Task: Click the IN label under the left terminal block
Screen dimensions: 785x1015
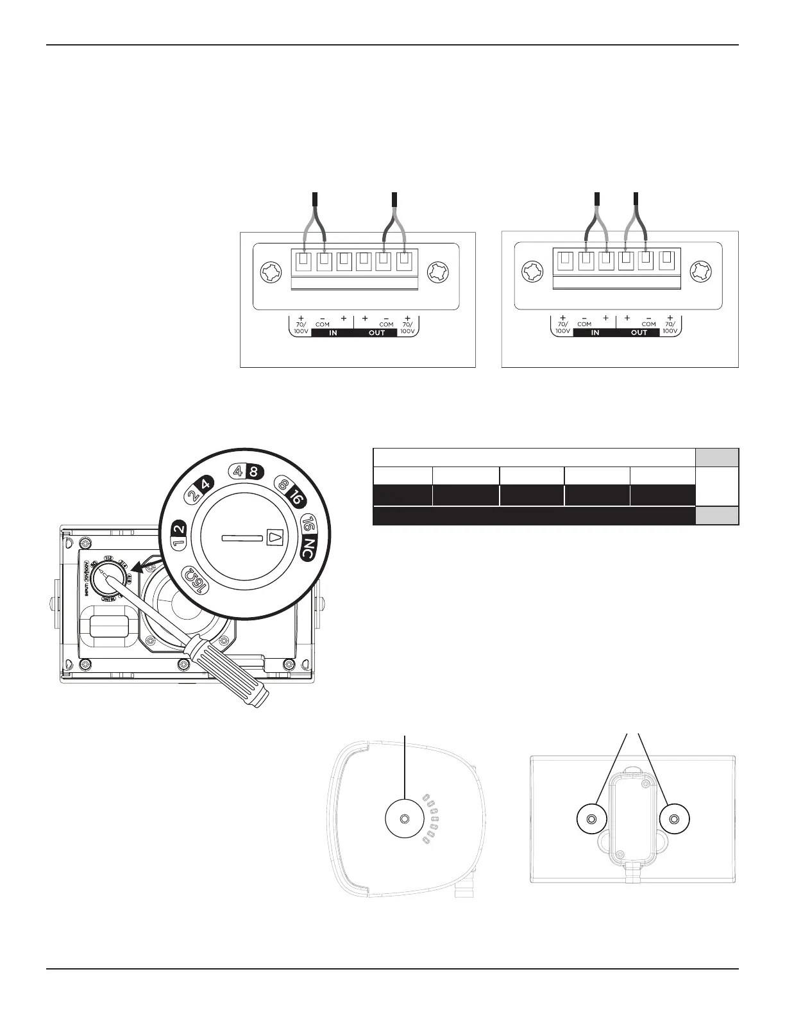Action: (x=333, y=333)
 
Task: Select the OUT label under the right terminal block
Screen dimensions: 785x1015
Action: (x=639, y=333)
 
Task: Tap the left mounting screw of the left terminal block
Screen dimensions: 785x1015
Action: (x=269, y=274)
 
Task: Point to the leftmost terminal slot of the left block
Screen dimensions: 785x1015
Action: (x=303, y=261)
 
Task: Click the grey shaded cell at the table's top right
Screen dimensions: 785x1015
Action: (x=717, y=458)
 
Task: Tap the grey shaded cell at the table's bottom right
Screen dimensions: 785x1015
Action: (x=717, y=516)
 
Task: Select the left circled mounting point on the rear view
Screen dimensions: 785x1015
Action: (x=591, y=819)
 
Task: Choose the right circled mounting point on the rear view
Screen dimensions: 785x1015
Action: (x=674, y=819)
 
